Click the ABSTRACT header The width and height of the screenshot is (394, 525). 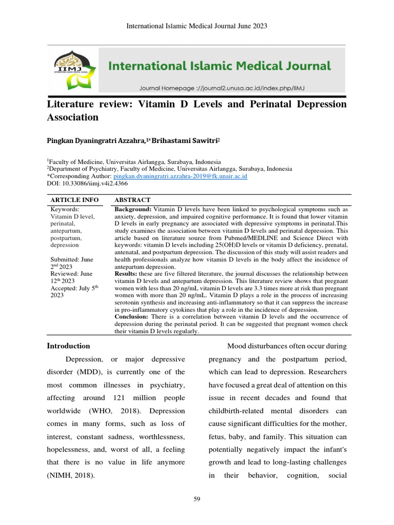pyautogui.click(x=132, y=199)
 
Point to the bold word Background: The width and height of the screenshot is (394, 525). pyautogui.click(x=133, y=210)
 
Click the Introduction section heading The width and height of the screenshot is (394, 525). pyautogui.click(x=68, y=346)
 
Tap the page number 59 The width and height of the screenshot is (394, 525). pyautogui.click(x=196, y=500)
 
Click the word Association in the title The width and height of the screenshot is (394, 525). pyautogui.click(x=72, y=117)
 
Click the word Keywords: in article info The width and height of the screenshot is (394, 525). pyautogui.click(x=65, y=210)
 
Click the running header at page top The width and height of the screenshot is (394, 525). pyautogui.click(x=197, y=26)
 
